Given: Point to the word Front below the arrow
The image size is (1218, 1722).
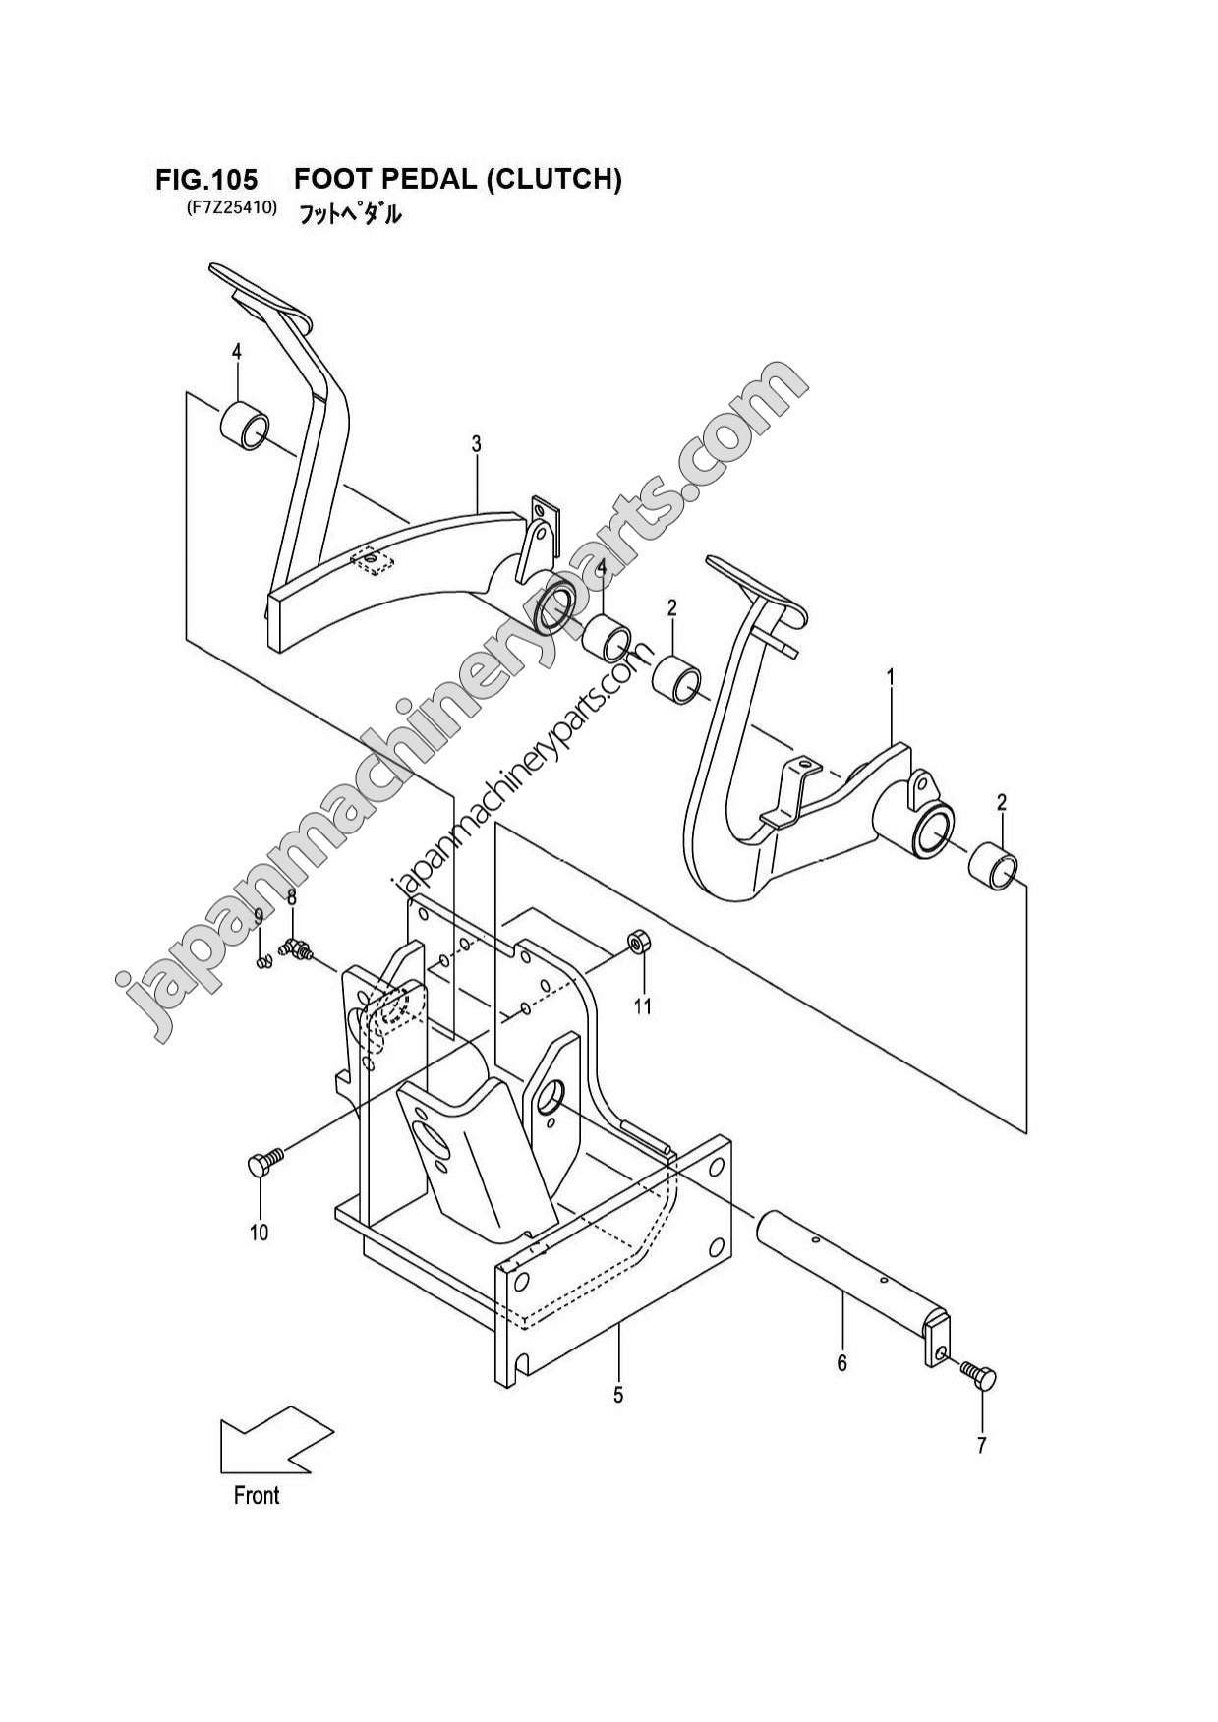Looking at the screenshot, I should pyautogui.click(x=257, y=1495).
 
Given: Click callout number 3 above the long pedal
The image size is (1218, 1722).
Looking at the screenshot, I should pyautogui.click(x=476, y=445).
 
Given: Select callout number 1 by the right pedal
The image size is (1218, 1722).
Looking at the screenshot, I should pyautogui.click(x=891, y=676).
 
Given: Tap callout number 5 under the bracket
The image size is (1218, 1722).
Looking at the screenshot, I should pyautogui.click(x=618, y=1394).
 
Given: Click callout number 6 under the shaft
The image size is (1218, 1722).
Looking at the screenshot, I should pyautogui.click(x=841, y=1363).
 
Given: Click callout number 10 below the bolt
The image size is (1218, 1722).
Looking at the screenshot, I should pyautogui.click(x=259, y=1233).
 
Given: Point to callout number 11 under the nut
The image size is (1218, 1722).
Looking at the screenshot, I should pyautogui.click(x=642, y=1006).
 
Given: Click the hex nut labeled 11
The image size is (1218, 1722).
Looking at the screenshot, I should pyautogui.click(x=637, y=944).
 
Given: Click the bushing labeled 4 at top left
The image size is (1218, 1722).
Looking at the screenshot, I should pyautogui.click(x=243, y=426).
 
